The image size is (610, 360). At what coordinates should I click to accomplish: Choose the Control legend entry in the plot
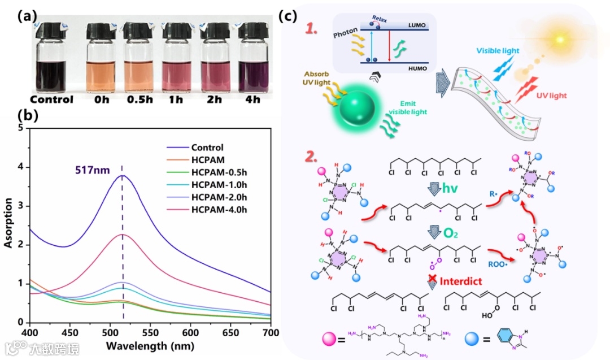point(207,148)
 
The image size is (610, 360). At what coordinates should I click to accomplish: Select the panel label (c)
point(289,16)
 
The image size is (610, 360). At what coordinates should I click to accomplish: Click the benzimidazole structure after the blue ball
point(513,340)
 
